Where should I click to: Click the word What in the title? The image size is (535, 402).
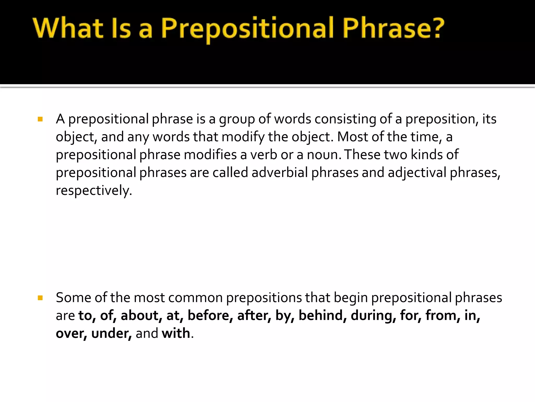click(x=68, y=28)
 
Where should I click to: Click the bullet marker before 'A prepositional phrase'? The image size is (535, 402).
click(x=40, y=119)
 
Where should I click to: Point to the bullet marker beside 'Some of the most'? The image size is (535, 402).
click(x=40, y=298)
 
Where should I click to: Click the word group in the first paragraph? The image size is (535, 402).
click(x=237, y=119)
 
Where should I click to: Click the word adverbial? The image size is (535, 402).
click(x=280, y=172)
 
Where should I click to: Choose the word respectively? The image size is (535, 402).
click(x=94, y=190)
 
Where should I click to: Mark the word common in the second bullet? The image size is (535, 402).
click(x=196, y=298)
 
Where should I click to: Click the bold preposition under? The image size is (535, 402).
click(x=111, y=333)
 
